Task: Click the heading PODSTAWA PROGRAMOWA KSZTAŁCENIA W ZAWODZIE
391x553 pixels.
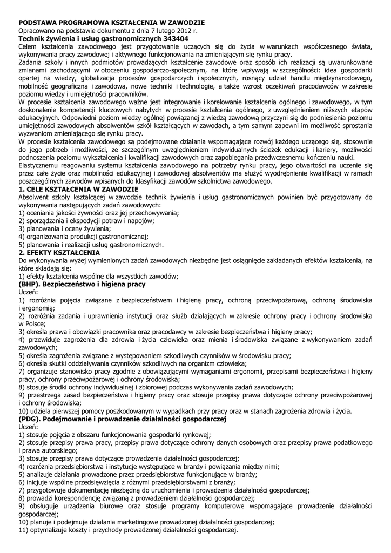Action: pos(111,23)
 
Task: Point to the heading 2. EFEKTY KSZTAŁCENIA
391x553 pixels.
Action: pos(59,252)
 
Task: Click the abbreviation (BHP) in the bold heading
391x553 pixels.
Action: pos(30,284)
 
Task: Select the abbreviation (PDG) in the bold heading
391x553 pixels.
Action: pos(31,419)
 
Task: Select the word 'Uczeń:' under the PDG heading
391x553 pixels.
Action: pos(29,427)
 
